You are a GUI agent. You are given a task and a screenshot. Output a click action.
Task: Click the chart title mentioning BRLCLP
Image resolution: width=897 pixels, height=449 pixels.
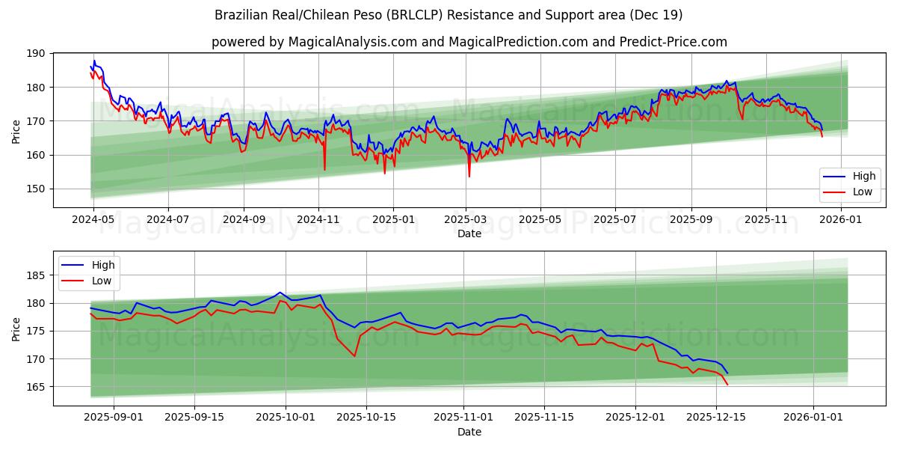pyautogui.click(x=449, y=15)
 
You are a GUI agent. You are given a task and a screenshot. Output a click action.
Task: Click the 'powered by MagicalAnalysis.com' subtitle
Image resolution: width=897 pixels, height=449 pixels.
pyautogui.click(x=469, y=42)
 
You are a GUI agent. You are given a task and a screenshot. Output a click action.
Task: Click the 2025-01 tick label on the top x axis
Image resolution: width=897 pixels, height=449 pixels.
pyautogui.click(x=392, y=220)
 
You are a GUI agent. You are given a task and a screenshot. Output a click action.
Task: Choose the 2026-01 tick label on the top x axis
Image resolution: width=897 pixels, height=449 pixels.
pyautogui.click(x=842, y=220)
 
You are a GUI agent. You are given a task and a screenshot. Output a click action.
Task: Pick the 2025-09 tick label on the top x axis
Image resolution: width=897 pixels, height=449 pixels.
pyautogui.click(x=691, y=220)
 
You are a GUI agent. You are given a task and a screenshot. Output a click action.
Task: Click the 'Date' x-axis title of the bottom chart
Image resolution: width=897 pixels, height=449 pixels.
pyautogui.click(x=469, y=432)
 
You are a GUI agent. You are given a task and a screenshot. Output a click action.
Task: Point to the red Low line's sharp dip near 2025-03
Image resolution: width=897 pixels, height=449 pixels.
pyautogui.click(x=469, y=176)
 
